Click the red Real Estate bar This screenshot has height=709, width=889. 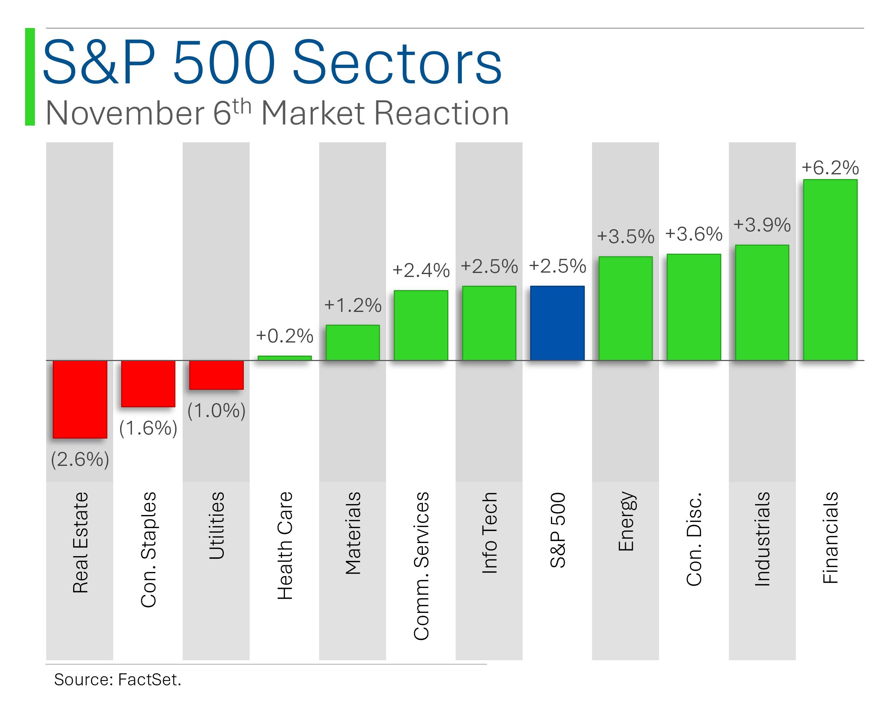coord(80,399)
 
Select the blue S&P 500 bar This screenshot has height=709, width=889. coord(557,323)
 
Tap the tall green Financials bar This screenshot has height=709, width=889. coord(830,270)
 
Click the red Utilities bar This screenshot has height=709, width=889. coord(216,375)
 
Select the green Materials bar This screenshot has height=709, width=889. coord(353,342)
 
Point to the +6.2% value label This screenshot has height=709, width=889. coord(830,168)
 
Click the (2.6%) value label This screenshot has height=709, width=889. coord(80,459)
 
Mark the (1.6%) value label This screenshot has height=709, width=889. coord(148,428)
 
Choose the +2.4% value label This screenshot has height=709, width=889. coord(421,270)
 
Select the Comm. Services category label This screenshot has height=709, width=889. coord(421,566)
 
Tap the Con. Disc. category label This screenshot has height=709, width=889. coord(694,539)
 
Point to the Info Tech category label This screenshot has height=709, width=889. coord(489,532)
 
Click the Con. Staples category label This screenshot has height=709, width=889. coord(148,549)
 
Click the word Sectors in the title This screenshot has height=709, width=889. coord(397,62)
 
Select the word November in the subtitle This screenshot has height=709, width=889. coord(125,113)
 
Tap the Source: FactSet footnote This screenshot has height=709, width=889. coord(118,679)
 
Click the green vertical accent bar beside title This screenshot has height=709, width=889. coord(30,77)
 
